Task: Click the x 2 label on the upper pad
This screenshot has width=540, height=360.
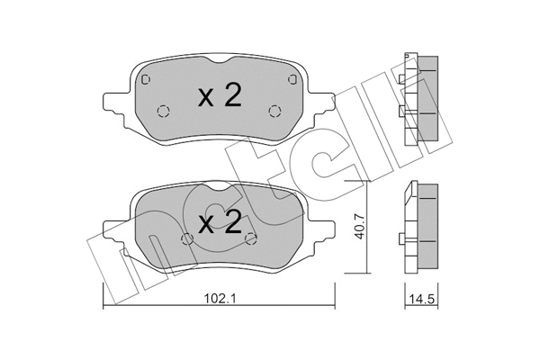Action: coord(220,95)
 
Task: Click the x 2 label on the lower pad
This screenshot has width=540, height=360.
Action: coord(220,221)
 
